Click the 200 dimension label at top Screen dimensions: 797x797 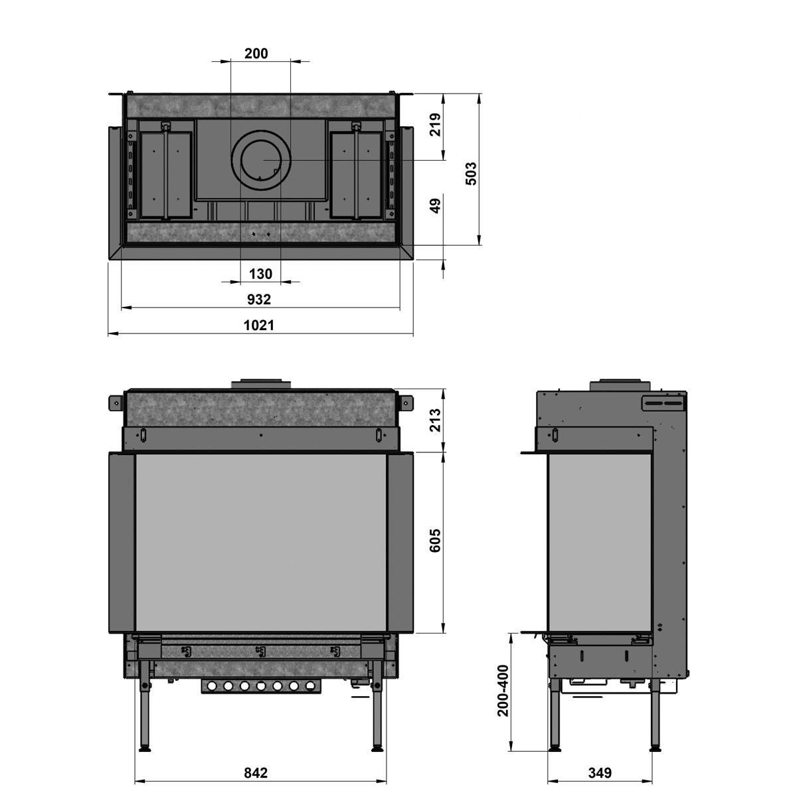coord(256,53)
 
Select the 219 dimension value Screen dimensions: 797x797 coord(435,124)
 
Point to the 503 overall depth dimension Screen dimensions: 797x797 coord(471,174)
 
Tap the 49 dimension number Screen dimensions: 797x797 coord(435,205)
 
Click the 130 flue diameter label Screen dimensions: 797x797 coord(260,274)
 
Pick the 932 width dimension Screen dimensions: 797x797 coord(259,299)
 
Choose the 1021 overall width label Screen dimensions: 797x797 coord(259,325)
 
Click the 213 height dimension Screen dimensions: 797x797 coord(435,420)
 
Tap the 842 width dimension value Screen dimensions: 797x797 coord(256,772)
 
